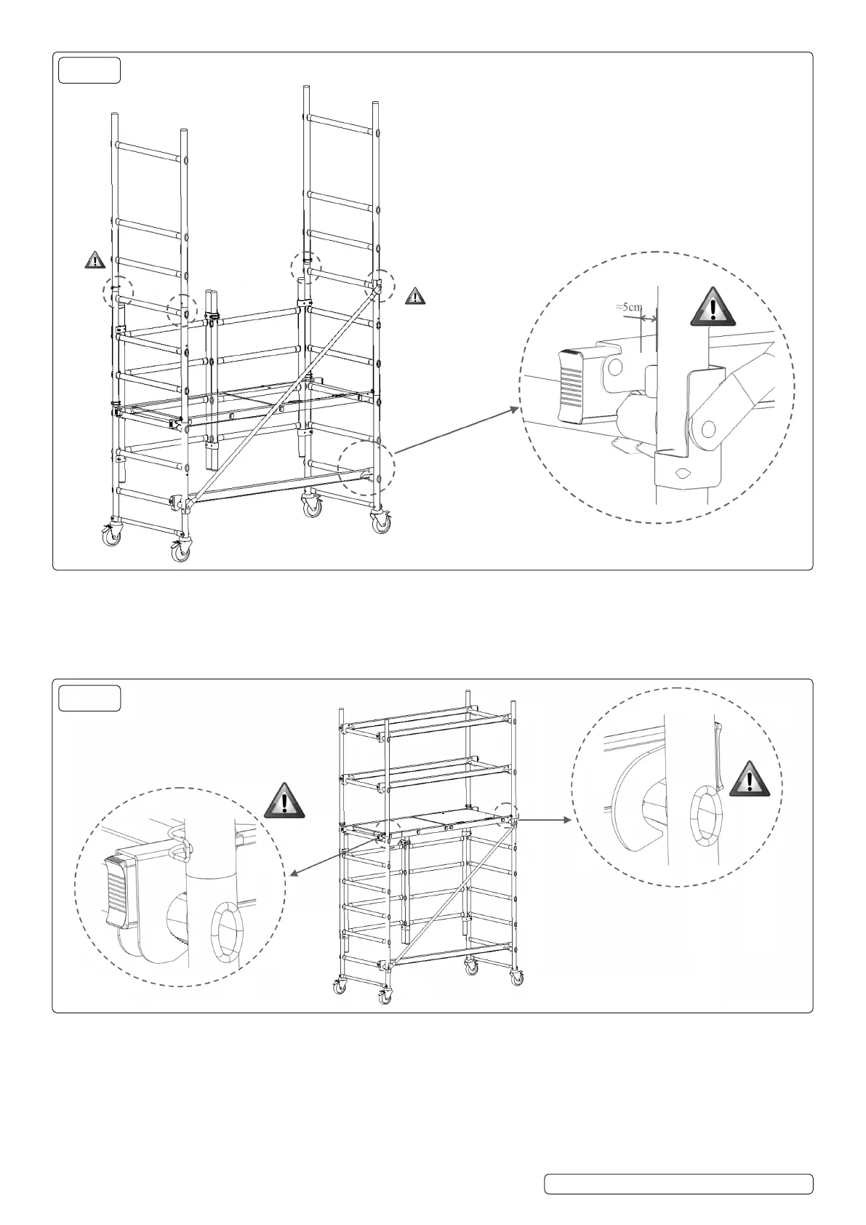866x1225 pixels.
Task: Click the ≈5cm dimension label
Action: [629, 307]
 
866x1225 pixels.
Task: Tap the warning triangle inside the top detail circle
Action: [713, 306]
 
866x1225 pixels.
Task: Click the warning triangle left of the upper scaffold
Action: [95, 260]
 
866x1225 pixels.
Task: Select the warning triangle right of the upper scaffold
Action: [414, 295]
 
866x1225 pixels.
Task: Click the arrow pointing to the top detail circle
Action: [458, 429]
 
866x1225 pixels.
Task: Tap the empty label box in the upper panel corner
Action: [89, 70]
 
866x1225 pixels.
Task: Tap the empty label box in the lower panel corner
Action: [89, 698]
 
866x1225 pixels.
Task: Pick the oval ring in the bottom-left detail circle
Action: [225, 930]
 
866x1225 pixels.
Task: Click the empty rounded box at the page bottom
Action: [678, 1184]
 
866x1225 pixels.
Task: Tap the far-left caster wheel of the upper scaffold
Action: [111, 537]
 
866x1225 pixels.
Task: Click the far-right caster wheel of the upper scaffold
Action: [381, 524]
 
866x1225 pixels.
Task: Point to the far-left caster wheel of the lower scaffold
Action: [339, 988]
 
